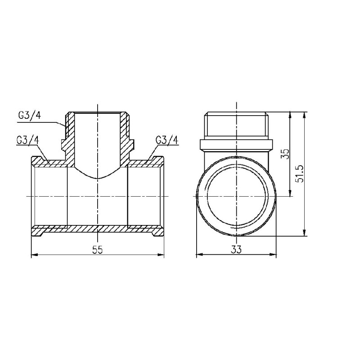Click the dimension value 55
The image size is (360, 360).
(x=98, y=251)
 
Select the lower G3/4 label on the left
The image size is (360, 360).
(x=27, y=139)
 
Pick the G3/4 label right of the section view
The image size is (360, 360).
(x=167, y=139)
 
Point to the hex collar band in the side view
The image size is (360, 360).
(x=235, y=144)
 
